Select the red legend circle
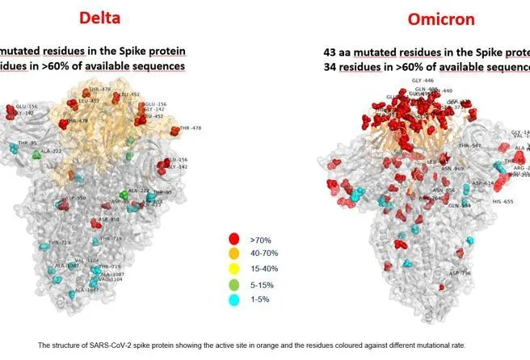[234, 240]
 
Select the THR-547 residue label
[469, 146]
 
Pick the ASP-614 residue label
[483, 182]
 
